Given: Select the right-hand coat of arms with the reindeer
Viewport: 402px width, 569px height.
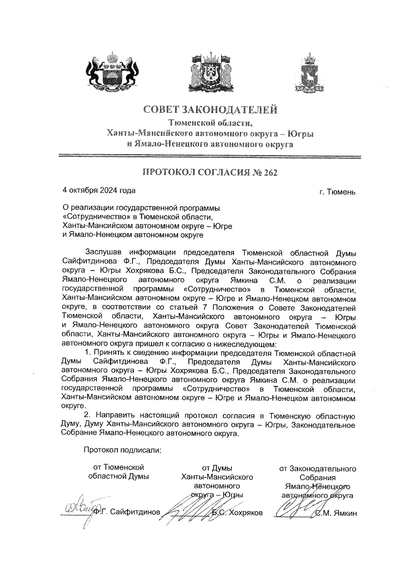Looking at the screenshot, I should [x=310, y=73].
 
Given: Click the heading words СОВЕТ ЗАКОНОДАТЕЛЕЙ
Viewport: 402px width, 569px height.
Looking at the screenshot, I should [x=211, y=110].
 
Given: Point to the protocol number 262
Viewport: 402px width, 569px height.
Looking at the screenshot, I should [x=271, y=173].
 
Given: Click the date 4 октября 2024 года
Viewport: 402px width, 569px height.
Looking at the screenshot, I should [x=99, y=190].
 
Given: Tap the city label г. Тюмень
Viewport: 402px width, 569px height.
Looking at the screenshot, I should [x=337, y=192].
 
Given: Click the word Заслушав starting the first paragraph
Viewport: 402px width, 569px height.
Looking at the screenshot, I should [x=105, y=252].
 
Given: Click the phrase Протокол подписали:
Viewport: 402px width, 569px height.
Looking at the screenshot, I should [x=122, y=450].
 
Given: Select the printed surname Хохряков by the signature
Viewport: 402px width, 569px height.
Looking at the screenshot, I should [x=246, y=513].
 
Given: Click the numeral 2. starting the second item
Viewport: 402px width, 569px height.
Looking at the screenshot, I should [x=87, y=416].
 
